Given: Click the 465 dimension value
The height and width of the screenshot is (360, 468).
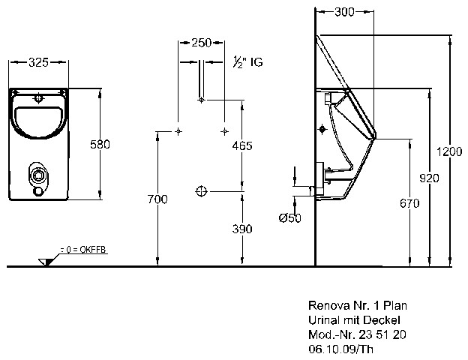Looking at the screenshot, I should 241,146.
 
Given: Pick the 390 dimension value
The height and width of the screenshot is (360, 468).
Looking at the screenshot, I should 241,229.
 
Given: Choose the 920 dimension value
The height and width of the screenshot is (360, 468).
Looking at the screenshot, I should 428,178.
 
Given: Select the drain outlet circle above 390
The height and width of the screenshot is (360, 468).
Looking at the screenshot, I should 200,191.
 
